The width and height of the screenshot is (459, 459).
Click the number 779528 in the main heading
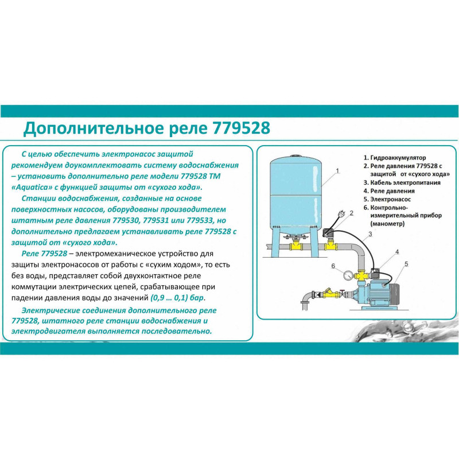242,128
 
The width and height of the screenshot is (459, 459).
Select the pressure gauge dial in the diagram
348,276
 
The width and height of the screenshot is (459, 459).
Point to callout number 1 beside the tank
337,170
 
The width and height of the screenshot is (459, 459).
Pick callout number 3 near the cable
370,234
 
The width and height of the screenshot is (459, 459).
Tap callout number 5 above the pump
406,264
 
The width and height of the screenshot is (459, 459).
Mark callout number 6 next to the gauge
333,266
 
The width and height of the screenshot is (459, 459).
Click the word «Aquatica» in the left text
30,188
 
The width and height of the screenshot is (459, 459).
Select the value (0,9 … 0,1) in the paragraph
169,298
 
